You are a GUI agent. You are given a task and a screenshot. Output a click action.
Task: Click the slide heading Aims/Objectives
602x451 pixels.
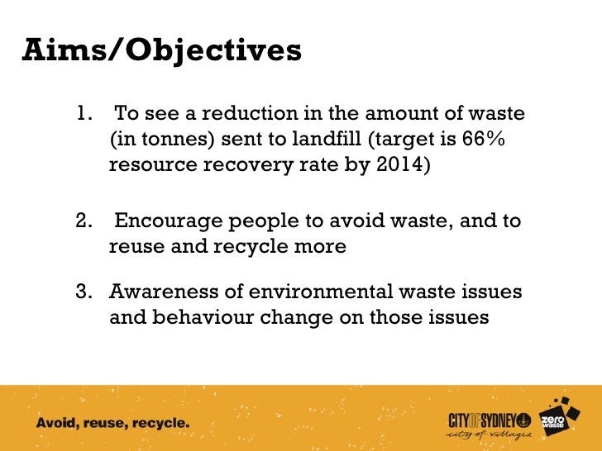tap(162, 51)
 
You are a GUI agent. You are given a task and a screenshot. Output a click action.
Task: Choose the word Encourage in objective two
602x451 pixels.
tap(165, 221)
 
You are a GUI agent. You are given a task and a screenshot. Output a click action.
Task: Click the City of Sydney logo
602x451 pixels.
tap(488, 423)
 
